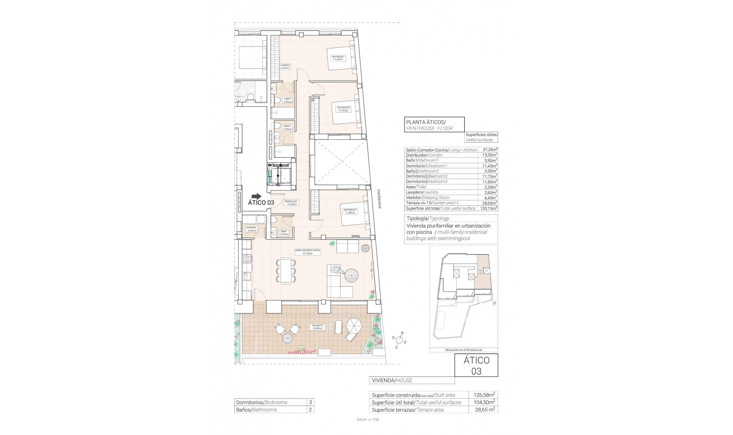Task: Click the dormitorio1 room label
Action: (x=338, y=58)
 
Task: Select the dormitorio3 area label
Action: (x=350, y=211)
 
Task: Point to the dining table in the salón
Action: (x=286, y=271)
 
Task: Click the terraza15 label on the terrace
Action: (x=317, y=327)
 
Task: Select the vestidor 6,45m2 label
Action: (x=286, y=66)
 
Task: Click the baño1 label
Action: (x=287, y=100)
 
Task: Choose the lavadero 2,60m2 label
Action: (x=252, y=229)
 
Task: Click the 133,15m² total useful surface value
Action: (x=489, y=208)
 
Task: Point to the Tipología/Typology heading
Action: (x=428, y=219)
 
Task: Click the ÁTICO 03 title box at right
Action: (x=476, y=365)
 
